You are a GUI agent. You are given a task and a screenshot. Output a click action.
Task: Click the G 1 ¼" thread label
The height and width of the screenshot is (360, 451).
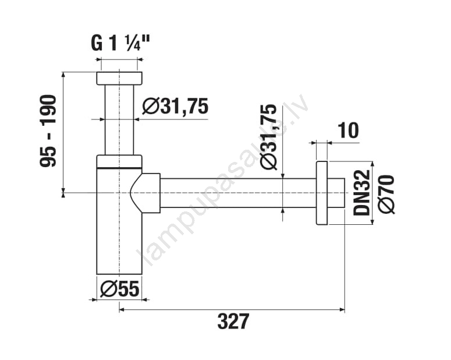click(120, 44)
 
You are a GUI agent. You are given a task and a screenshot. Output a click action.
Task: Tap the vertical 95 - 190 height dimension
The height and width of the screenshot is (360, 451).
click(48, 131)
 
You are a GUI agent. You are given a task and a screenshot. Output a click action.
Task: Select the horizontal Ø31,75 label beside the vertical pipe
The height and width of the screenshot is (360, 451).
click(175, 106)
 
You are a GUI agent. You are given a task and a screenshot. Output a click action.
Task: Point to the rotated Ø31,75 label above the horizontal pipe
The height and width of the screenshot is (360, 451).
click(268, 136)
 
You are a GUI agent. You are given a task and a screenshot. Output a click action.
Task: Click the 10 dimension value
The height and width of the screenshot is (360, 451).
click(349, 130)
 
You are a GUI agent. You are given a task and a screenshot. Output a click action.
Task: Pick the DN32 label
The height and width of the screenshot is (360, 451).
click(361, 192)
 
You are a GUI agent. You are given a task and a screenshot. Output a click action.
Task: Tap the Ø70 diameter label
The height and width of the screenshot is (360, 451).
click(386, 194)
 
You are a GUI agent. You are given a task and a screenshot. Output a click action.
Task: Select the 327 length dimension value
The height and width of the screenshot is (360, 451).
click(233, 321)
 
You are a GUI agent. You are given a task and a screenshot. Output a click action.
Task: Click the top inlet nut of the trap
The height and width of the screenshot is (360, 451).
click(119, 78)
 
